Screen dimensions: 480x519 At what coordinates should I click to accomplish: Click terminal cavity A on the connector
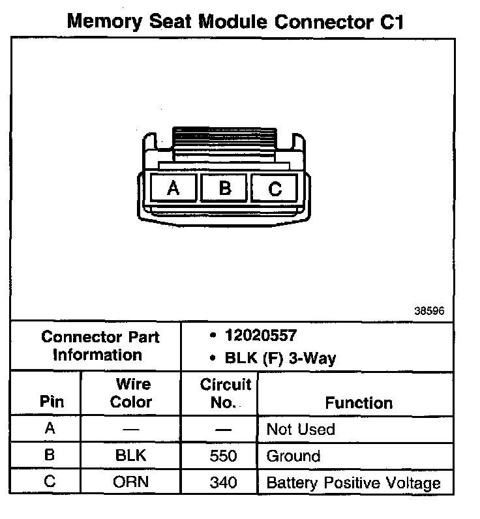[173, 188]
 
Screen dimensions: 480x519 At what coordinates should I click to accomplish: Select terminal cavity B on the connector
[224, 188]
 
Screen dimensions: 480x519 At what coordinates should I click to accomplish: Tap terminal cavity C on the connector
[275, 189]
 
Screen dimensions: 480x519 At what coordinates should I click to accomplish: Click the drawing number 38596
[429, 311]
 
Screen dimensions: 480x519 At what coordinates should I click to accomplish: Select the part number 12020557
[260, 335]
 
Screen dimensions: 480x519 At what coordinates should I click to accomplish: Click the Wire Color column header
[130, 393]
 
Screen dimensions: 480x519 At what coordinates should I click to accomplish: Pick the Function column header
[359, 403]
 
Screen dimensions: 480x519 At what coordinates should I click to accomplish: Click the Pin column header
[52, 402]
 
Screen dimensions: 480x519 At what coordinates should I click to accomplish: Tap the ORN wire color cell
[130, 482]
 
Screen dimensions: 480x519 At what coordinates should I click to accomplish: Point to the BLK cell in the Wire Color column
[130, 456]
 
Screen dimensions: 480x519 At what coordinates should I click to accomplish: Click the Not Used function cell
[301, 430]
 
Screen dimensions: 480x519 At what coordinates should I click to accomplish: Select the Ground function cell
[293, 456]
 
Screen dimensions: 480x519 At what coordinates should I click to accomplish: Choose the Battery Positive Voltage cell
[353, 483]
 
